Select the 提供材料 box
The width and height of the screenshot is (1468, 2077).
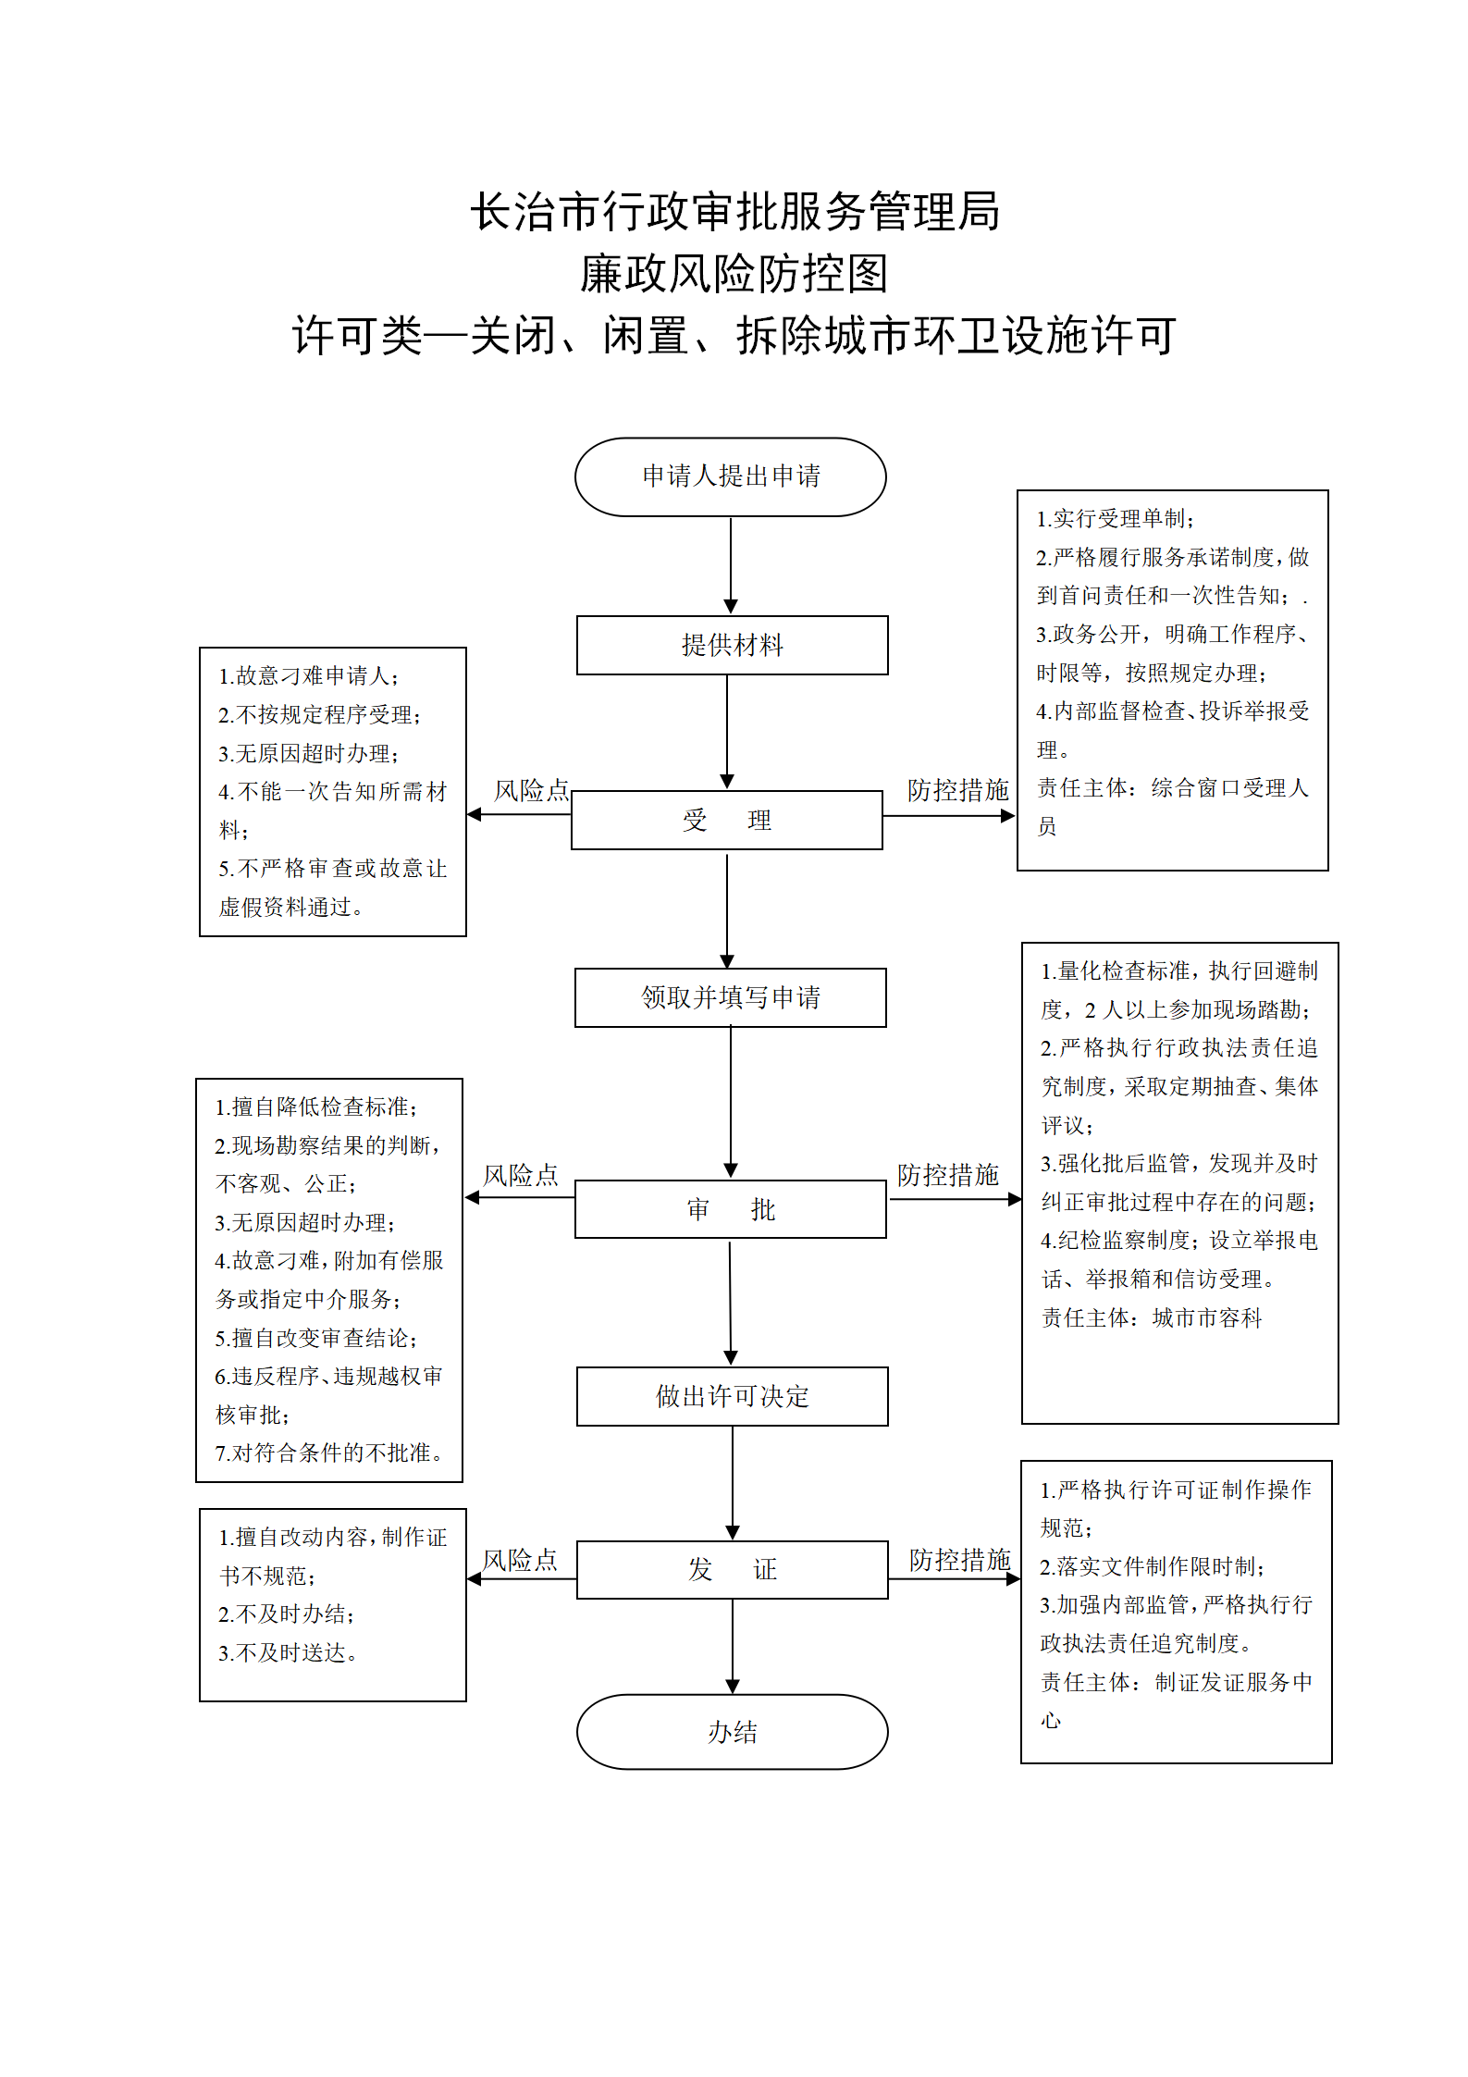732,645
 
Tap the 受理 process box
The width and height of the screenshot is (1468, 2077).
727,820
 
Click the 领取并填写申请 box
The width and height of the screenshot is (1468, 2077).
731,997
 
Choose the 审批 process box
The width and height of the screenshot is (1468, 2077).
731,1208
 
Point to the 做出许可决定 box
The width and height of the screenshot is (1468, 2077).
732,1396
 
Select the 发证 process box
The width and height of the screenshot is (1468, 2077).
732,1569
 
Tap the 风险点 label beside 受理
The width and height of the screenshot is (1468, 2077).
531,790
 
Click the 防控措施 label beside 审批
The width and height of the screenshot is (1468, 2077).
948,1175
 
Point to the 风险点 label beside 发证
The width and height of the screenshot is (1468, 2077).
520,1560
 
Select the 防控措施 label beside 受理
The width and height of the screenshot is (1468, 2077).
958,790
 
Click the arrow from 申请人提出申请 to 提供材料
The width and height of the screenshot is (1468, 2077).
731,565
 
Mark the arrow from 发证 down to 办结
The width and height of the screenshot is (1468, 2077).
733,1647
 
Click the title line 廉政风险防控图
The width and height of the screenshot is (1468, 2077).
734,274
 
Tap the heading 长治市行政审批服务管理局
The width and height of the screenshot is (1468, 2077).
734,212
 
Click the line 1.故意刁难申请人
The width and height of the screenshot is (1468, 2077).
308,676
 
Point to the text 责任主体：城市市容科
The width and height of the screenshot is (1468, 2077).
1152,1317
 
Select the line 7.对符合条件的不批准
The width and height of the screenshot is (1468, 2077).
328,1453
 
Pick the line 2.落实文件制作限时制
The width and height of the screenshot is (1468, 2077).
1152,1566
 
